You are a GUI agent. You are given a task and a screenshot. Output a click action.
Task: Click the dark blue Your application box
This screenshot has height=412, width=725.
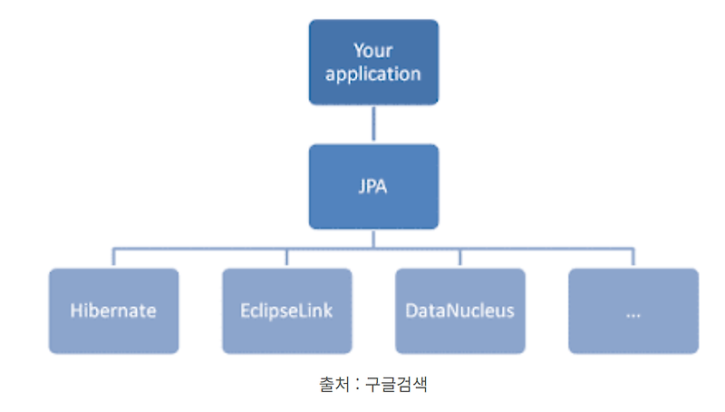[373, 62]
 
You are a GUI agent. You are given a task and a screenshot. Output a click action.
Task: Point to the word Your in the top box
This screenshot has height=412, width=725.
[373, 50]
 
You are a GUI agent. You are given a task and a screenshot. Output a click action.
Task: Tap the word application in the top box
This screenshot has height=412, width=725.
[373, 74]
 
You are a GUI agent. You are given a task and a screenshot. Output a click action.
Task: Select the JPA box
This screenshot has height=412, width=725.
[373, 186]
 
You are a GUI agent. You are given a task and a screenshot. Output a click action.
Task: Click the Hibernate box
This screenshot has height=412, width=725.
[114, 310]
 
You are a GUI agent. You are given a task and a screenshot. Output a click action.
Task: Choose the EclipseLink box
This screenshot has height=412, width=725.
[287, 310]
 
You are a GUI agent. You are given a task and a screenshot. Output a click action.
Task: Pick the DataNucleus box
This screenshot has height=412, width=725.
[460, 310]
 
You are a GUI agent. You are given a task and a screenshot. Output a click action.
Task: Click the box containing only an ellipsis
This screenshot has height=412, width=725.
[633, 310]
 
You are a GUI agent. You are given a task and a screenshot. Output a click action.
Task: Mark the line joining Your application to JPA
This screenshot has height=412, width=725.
[373, 124]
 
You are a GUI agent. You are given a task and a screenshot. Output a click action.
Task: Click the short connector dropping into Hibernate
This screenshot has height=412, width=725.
[114, 258]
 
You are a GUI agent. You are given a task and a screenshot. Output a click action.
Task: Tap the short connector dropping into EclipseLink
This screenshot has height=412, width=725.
[287, 258]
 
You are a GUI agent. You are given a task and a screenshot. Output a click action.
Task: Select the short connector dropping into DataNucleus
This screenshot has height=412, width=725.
[460, 258]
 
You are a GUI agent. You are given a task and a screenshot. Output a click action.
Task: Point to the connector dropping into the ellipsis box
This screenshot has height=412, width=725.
[633, 258]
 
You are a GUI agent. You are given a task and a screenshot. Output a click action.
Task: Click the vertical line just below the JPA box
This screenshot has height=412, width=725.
[373, 238]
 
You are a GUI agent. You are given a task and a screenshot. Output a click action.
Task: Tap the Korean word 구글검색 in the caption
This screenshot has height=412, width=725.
[398, 384]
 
